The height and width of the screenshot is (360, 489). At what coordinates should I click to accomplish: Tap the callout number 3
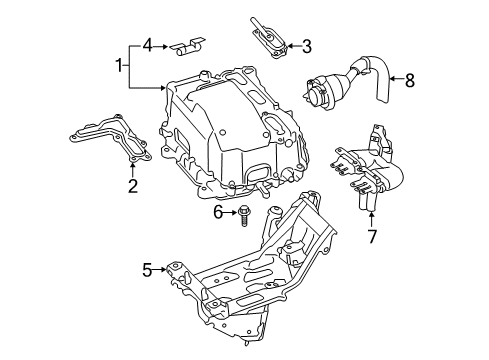pos(307,44)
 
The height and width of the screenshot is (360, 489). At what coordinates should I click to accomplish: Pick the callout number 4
pos(147,44)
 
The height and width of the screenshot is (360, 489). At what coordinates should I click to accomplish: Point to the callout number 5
pos(147,269)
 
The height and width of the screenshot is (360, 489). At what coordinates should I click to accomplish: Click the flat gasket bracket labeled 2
pos(113,141)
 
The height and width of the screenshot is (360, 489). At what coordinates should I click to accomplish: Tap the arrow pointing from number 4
pos(165,44)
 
